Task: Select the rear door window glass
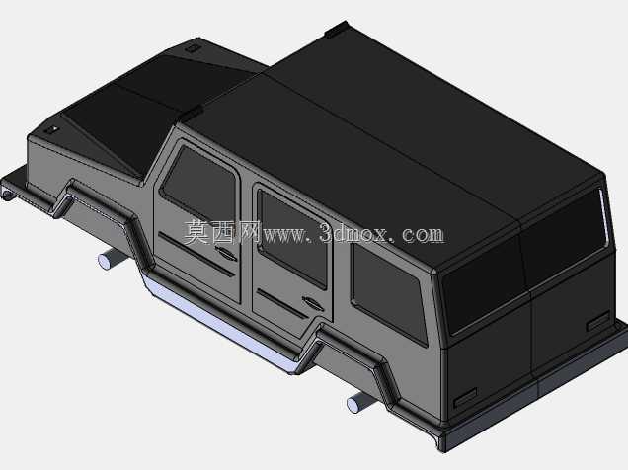click(291, 238)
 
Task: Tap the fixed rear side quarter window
click(388, 292)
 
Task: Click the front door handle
click(225, 253)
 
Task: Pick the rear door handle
click(312, 303)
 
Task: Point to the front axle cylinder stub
click(109, 259)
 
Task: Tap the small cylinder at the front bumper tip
click(7, 195)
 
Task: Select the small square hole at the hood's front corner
click(51, 130)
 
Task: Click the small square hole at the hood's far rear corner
click(193, 48)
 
